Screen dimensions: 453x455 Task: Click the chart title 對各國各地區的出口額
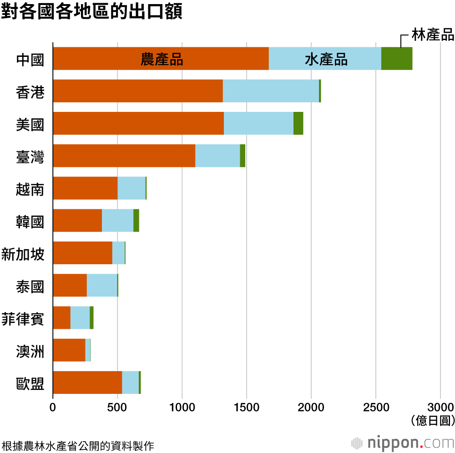[91, 12]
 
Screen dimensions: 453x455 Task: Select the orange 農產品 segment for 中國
[161, 59]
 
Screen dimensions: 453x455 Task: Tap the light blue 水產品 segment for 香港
[271, 91]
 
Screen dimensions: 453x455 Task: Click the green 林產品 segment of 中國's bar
[397, 59]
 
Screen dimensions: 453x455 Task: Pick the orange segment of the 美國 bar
[138, 123]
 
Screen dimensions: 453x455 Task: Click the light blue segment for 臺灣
[217, 156]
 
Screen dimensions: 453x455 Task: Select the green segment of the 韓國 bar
[136, 221]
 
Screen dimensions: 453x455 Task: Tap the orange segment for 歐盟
[87, 382]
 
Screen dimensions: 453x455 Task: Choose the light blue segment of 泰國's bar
[102, 285]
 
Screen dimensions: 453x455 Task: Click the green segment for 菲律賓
[91, 317]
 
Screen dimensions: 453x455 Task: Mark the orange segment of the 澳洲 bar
[69, 350]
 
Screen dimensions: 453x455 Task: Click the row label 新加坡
[23, 254]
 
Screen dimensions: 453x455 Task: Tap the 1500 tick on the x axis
[247, 406]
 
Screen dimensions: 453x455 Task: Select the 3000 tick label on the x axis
[440, 406]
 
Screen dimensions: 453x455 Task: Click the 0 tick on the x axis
[53, 406]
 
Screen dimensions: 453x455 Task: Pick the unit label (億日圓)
[432, 420]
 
